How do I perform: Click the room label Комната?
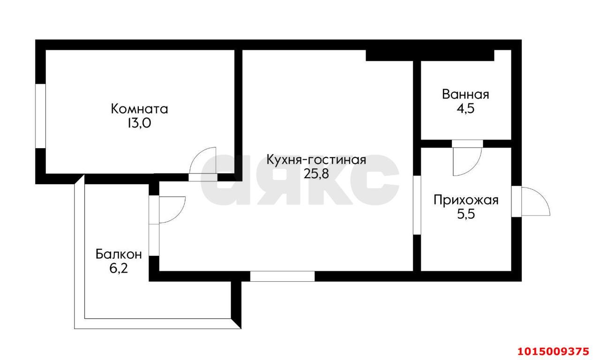[139, 109]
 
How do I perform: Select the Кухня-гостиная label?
[316, 160]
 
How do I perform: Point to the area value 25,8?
[316, 174]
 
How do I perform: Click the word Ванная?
[465, 94]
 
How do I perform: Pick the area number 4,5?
[465, 108]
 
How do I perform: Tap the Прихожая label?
[465, 201]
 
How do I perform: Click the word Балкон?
[119, 255]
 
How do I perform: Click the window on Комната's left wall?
[41, 116]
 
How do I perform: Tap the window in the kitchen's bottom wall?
[282, 276]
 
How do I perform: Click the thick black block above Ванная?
[429, 55]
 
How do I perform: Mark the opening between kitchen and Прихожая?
[417, 205]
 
